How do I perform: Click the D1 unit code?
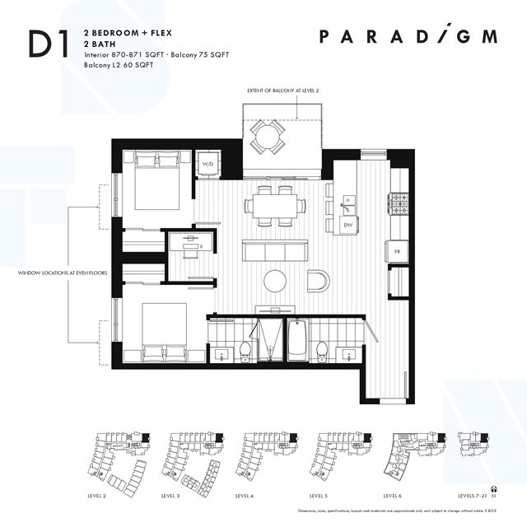point(49,44)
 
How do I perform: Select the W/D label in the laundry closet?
point(208,164)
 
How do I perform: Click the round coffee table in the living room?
point(275,282)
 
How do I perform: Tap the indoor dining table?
point(275,205)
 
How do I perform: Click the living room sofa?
point(275,250)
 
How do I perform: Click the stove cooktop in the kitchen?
point(399,203)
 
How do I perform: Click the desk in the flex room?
point(191,245)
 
